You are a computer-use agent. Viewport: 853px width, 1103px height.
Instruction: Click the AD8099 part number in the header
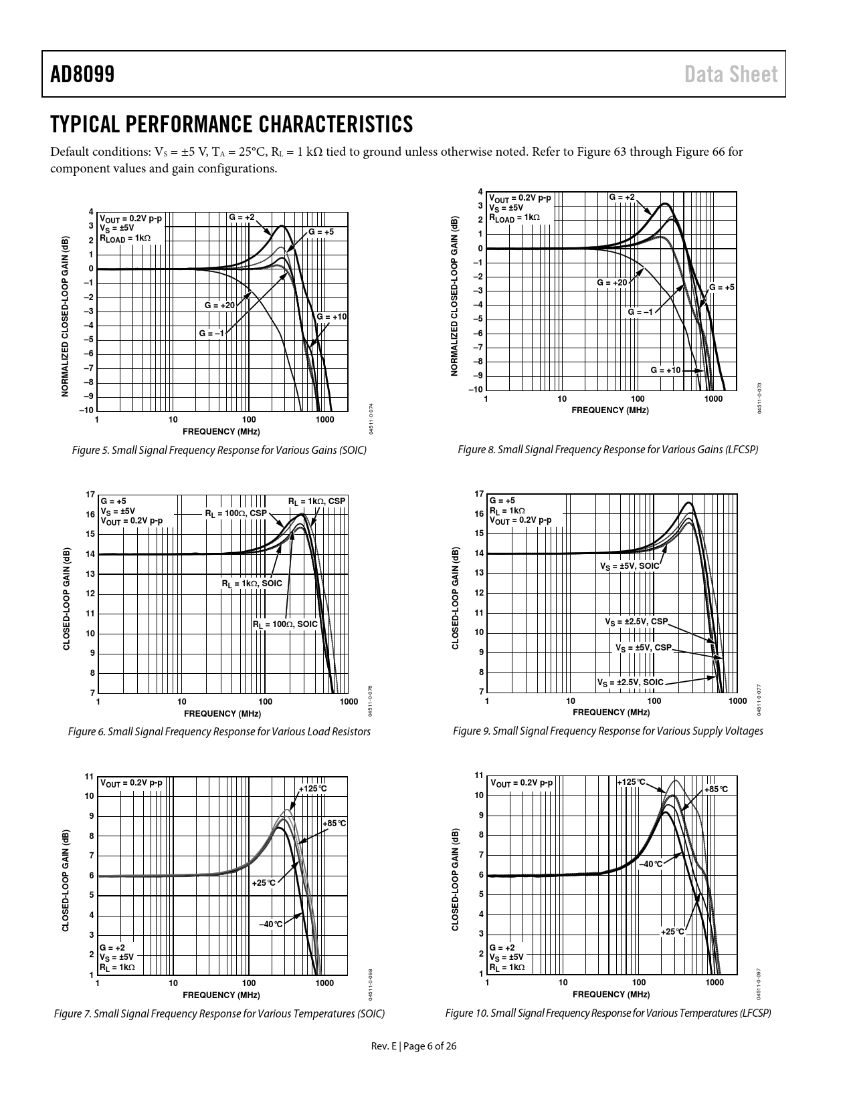82,74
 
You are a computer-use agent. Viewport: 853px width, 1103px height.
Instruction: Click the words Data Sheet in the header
731,74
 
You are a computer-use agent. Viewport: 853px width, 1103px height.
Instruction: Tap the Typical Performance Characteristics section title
231,124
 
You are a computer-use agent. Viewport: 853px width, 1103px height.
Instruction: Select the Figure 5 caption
219,451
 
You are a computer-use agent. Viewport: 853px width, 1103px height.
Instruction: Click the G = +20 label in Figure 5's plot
219,305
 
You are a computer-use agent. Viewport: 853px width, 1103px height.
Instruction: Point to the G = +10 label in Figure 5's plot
331,316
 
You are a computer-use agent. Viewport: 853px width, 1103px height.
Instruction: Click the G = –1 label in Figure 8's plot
640,312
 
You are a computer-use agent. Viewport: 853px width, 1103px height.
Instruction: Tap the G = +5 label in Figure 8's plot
721,287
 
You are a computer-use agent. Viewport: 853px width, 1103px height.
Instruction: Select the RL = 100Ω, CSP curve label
235,513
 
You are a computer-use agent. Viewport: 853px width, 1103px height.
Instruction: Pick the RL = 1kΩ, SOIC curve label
252,584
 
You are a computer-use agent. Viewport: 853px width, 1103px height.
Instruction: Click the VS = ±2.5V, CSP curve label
636,622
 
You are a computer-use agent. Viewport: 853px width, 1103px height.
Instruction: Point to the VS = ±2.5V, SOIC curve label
630,683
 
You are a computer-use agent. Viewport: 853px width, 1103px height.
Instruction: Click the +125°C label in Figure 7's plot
312,789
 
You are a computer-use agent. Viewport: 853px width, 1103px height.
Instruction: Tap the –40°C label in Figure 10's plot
650,864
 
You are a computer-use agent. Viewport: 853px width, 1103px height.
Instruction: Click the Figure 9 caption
607,731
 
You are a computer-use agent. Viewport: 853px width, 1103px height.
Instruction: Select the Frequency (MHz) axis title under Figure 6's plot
222,713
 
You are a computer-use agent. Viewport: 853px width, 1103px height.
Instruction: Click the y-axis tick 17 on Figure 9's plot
478,494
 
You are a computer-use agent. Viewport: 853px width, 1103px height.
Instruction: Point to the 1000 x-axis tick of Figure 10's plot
715,983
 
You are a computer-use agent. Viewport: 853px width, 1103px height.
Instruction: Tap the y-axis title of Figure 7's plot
66,881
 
